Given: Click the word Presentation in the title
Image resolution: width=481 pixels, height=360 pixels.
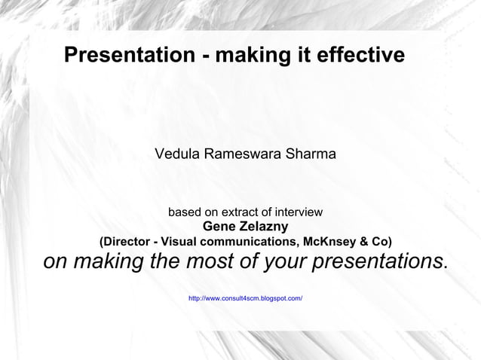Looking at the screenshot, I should click(129, 56).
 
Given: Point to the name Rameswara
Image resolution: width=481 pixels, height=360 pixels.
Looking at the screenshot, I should click(243, 154).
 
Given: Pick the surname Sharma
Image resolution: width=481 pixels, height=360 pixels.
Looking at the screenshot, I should click(311, 154).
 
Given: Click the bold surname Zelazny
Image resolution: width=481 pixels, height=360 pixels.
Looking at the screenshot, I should click(264, 227).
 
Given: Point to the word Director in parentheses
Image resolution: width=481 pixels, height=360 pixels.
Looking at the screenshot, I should click(127, 242).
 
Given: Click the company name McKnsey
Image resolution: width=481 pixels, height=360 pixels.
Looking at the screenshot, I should click(329, 242).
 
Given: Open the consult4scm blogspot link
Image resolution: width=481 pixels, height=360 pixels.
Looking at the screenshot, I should click(245, 299).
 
